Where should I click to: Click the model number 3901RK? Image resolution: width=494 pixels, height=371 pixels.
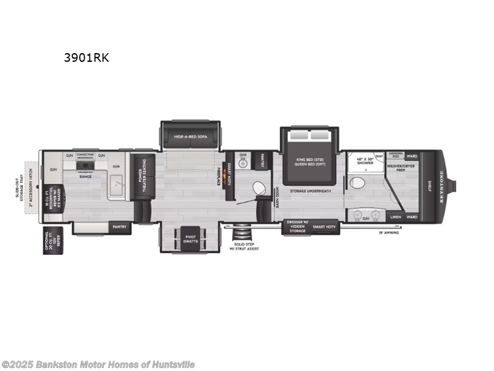[86, 58]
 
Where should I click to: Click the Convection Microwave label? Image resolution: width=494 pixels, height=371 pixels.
[85, 156]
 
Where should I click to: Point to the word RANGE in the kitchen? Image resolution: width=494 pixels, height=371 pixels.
[86, 177]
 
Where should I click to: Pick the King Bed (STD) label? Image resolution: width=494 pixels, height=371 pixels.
[310, 158]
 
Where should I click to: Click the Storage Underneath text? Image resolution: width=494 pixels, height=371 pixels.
[311, 191]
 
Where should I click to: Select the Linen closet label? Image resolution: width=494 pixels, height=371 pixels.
[396, 217]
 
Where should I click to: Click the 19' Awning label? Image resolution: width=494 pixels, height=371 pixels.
[390, 232]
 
